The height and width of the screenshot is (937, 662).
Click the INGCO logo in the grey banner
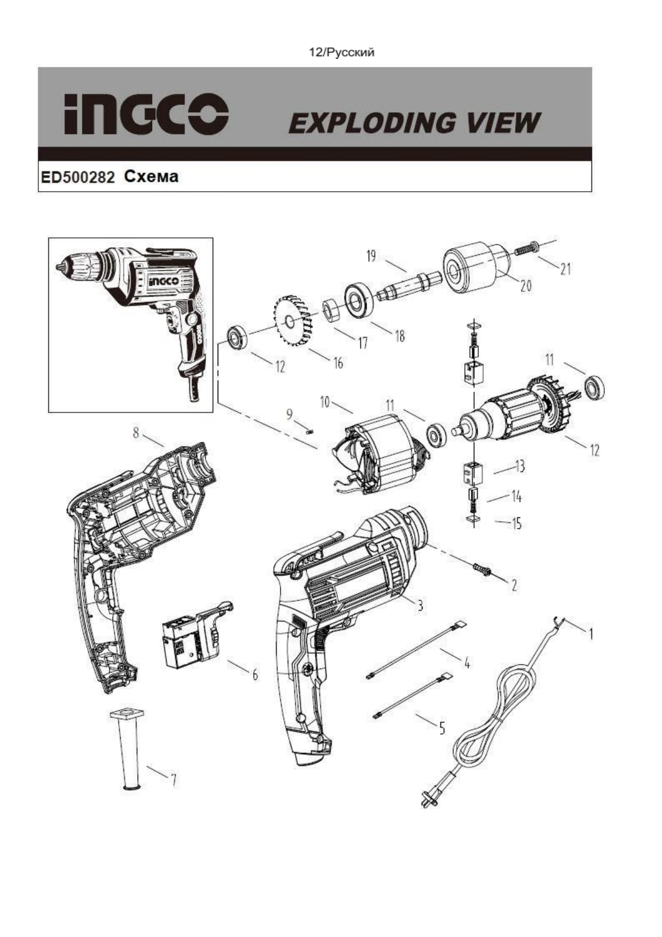point(146,114)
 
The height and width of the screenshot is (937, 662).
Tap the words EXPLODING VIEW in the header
point(414,123)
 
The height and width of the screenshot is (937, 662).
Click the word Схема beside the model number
point(151,177)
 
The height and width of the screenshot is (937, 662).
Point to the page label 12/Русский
point(342,52)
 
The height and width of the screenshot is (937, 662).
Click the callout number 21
point(565,269)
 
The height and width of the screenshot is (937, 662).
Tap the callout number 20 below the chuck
point(525,286)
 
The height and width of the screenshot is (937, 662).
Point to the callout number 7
point(173,780)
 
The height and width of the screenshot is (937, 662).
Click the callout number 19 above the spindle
point(370,256)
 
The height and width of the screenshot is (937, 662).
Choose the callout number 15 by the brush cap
point(516,524)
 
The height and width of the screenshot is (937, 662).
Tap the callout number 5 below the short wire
point(442,727)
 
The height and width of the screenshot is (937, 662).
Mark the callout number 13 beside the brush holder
point(520,467)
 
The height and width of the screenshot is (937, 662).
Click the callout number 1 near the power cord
point(591,633)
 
